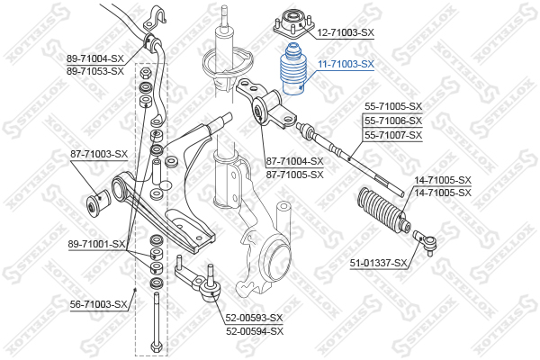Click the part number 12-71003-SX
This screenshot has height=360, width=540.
pos(346,32)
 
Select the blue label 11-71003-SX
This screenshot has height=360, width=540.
pos(346,65)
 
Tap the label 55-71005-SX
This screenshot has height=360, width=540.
pos(392,106)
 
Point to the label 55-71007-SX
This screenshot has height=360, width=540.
pos(392,135)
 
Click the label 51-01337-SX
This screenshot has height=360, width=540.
pos(379,263)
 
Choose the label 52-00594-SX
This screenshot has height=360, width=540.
pos(254,331)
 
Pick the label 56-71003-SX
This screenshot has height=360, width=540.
pos(99,304)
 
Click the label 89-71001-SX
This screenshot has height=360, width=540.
pos(96,244)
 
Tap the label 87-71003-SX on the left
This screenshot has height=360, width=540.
pos(99,154)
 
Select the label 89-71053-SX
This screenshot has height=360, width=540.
pos(95,70)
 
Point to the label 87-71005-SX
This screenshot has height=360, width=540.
pos(294,175)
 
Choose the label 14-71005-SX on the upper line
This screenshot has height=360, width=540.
pos(443,180)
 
